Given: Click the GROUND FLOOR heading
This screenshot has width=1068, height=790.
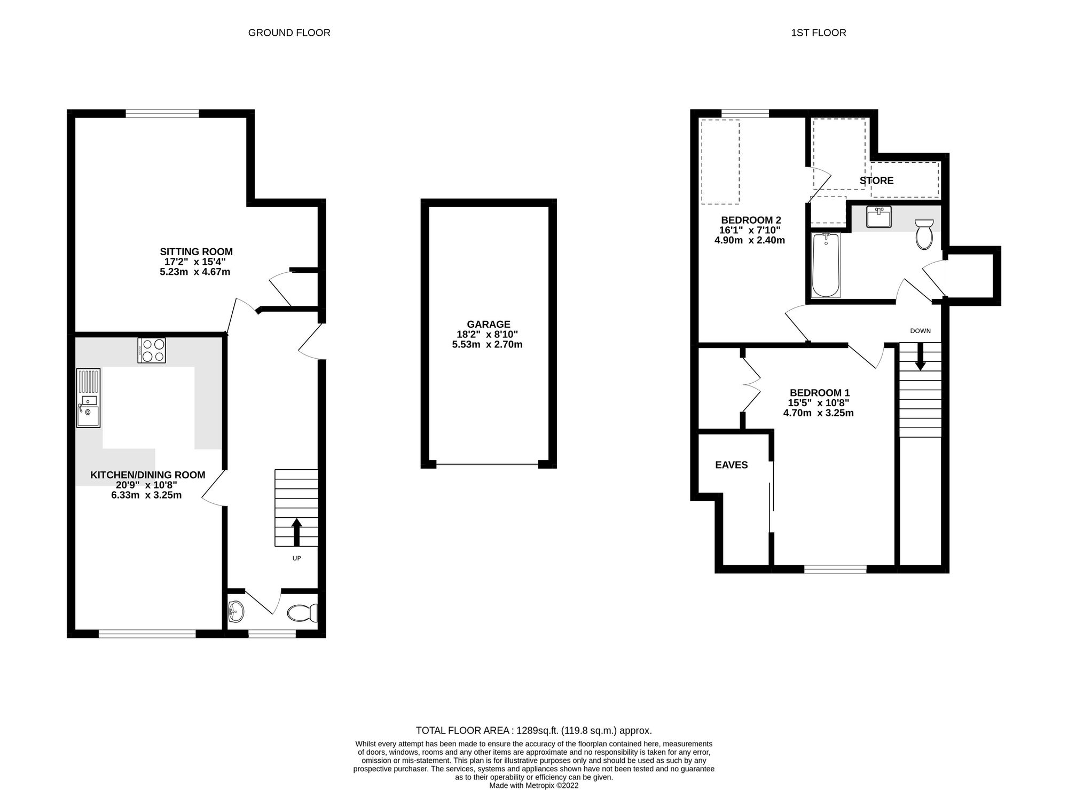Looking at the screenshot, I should [289, 33].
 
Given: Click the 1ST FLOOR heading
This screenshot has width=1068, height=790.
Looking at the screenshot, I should [818, 33].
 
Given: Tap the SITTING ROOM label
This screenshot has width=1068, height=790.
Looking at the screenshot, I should [196, 251].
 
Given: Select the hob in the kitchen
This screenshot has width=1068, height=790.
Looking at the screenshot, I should [151, 350].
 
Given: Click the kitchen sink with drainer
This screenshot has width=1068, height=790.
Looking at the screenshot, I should [88, 398].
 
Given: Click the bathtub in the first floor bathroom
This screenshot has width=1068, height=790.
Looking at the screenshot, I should [826, 265].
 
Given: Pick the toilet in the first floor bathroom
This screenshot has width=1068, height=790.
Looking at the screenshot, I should [923, 234].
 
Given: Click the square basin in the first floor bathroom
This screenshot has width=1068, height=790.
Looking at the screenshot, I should [878, 217].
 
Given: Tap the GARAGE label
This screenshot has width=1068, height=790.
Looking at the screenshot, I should [488, 324].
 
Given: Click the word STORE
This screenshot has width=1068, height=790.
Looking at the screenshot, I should [876, 180].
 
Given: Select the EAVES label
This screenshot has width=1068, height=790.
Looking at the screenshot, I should [731, 465].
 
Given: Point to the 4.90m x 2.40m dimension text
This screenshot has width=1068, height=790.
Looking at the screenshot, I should [749, 240].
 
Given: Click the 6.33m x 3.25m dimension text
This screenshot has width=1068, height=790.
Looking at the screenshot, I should [146, 495].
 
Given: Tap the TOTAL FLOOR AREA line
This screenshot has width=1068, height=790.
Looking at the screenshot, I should [533, 730].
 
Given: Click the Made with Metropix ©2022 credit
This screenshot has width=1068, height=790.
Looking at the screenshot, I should [533, 785].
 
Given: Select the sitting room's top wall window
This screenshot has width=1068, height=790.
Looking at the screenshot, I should [162, 113].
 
